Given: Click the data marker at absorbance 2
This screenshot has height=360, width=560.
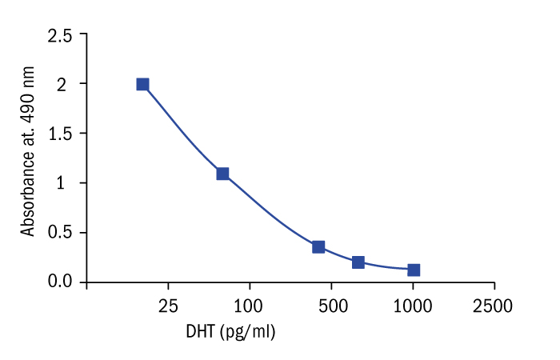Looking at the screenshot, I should click(x=142, y=84).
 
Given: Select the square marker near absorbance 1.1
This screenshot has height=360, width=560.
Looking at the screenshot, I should click(x=222, y=174).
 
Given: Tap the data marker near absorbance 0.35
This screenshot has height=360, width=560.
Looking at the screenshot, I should click(x=318, y=246).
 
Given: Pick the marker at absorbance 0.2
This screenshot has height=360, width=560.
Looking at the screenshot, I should click(x=358, y=262).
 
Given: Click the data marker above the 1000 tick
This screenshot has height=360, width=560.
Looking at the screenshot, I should click(x=414, y=270).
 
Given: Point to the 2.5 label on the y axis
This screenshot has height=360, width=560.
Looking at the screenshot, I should click(x=60, y=36).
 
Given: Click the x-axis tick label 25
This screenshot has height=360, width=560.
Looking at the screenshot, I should click(x=168, y=305).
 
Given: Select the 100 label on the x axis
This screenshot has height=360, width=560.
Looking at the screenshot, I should click(x=250, y=305).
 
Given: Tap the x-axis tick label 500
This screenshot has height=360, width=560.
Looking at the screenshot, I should click(x=331, y=305).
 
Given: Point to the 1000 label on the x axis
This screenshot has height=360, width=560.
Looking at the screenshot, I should click(x=413, y=305).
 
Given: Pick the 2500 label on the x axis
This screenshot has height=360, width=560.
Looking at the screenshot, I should click(x=494, y=305).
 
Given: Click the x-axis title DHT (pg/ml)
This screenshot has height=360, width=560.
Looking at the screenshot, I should click(x=230, y=331).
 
